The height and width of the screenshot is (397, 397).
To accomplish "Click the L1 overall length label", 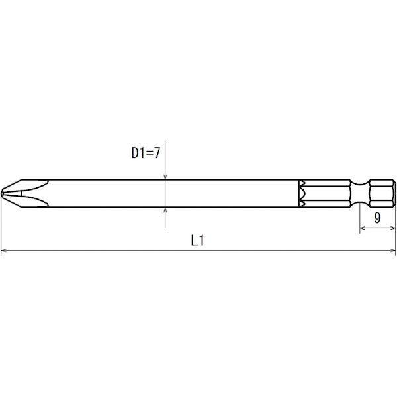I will tap(197, 242).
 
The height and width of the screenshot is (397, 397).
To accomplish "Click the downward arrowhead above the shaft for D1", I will tap(165, 175).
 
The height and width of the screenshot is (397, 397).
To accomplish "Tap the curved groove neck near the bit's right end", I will tap(361, 193).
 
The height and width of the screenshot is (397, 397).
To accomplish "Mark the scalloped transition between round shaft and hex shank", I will tap(301, 193).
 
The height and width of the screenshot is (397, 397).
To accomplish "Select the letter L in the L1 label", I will tap(193, 242).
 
